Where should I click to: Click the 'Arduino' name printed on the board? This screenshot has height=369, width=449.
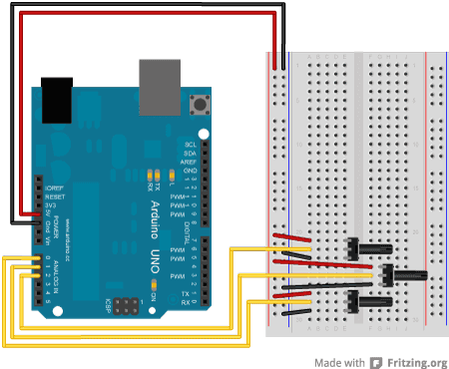click(129, 214)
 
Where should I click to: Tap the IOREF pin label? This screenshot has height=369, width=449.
click(52, 184)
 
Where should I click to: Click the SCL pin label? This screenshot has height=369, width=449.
click(190, 145)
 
